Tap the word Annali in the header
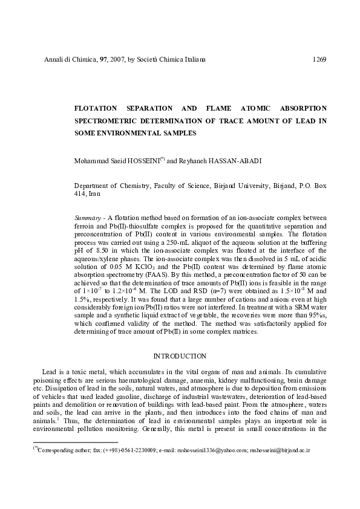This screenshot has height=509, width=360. [x=54, y=60]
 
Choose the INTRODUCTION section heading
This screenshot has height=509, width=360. [x=181, y=356]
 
